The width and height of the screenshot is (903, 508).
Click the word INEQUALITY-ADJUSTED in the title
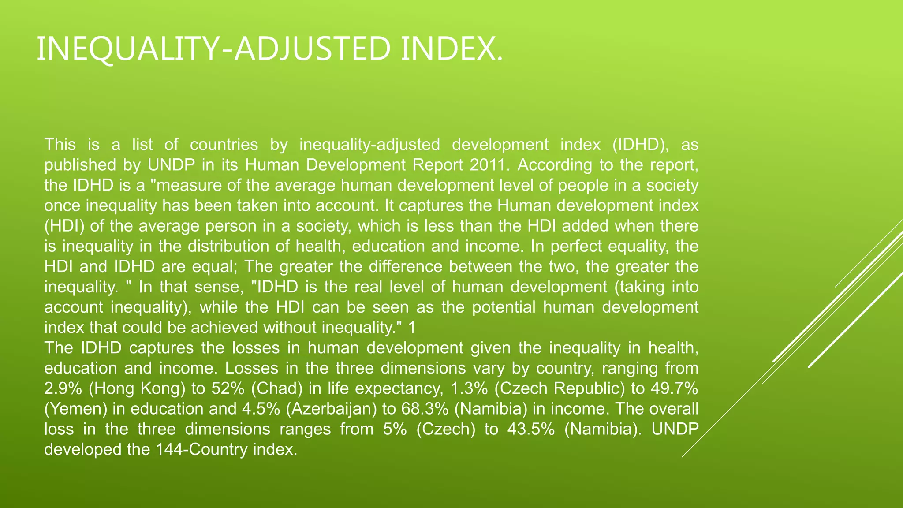[213, 49]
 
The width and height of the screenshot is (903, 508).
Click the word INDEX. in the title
[451, 49]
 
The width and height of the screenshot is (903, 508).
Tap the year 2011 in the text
[489, 165]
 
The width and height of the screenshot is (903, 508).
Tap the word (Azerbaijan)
[331, 409]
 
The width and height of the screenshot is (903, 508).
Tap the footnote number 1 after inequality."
[411, 328]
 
